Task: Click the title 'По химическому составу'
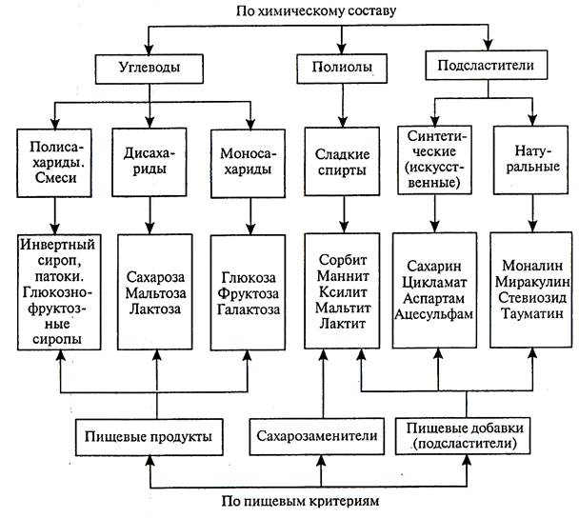[x=291, y=10]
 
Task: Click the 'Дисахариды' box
[x=152, y=159]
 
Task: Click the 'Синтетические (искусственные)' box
[x=434, y=159]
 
